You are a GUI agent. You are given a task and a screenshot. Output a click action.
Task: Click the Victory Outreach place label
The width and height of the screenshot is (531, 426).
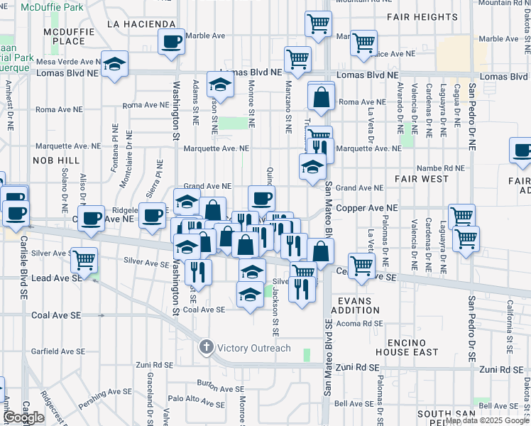(253, 348)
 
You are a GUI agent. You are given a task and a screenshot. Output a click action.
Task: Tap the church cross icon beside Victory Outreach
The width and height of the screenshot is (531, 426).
(206, 348)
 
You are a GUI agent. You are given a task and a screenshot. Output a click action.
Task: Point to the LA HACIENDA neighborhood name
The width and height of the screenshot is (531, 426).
(141, 23)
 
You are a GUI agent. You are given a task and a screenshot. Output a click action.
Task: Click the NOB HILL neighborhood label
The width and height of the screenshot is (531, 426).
(53, 161)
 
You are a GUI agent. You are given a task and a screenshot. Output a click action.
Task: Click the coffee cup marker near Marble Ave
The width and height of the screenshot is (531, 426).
(171, 42)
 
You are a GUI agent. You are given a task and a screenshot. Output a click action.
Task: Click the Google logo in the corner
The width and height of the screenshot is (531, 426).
(24, 418)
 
